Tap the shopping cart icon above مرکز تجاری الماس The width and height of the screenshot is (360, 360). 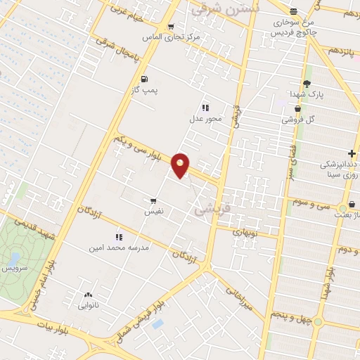(171, 27)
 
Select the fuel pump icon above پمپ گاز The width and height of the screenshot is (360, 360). (144, 79)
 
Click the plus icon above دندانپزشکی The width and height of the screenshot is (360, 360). (351, 154)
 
